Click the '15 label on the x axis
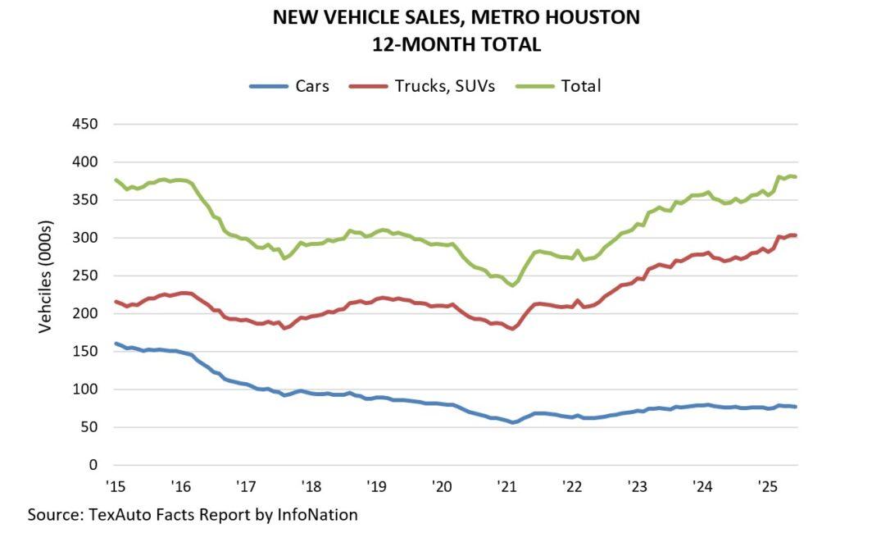click(x=115, y=485)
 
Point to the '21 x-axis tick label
click(x=506, y=485)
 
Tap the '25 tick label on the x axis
click(x=767, y=485)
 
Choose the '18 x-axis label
click(x=311, y=485)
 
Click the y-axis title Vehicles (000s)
click(x=46, y=276)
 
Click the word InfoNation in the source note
click(x=317, y=515)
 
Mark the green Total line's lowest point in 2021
click(x=512, y=285)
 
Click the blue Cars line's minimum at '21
click(x=512, y=422)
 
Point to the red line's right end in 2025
click(x=796, y=235)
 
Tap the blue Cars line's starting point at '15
click(x=116, y=344)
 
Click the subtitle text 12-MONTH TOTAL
click(x=456, y=44)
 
